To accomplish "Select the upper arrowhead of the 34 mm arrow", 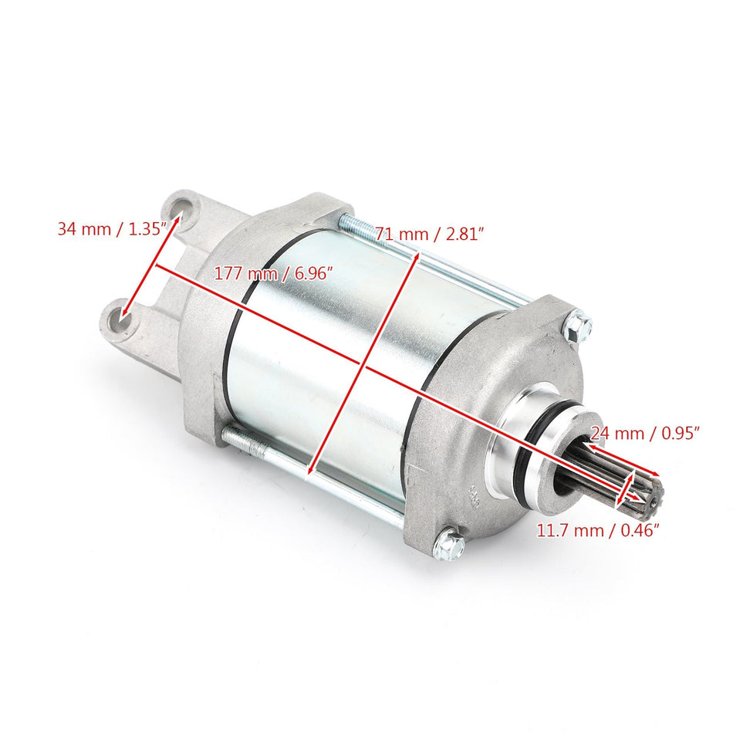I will coord(178,219).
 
